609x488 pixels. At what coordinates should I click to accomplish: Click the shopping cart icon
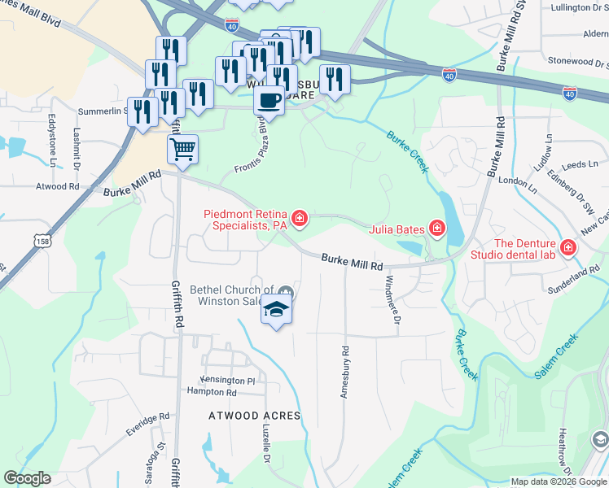click(182, 149)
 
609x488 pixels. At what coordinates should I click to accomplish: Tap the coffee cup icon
click(269, 101)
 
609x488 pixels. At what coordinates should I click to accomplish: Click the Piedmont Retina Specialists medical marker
click(300, 218)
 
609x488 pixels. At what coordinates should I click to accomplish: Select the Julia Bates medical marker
click(437, 228)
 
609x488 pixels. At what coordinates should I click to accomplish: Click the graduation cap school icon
click(276, 310)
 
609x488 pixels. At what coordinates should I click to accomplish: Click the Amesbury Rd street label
click(345, 373)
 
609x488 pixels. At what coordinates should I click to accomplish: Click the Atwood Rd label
click(57, 186)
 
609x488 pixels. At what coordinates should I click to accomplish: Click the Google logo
click(27, 478)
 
